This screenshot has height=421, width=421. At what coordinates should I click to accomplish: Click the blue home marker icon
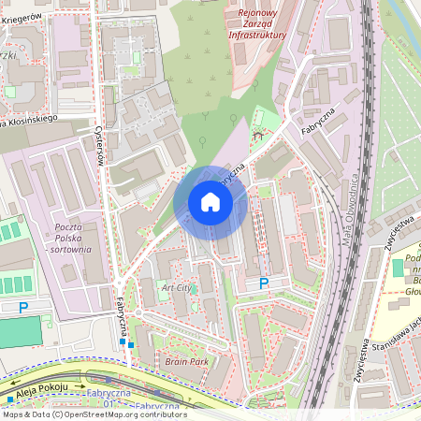(x=210, y=202)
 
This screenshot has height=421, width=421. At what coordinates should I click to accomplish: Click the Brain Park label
(x=186, y=361)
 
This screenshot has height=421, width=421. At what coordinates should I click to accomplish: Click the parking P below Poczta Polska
(x=23, y=307)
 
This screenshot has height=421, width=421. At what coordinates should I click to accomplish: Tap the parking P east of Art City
(x=264, y=283)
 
